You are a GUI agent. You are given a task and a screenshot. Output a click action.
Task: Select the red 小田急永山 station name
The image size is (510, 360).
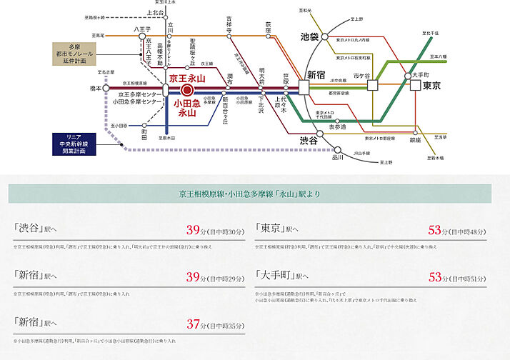coord(186,108)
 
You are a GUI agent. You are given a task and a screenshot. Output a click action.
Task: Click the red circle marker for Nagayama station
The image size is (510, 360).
coord(186,89)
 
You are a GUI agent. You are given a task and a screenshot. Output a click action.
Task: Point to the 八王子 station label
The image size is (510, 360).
coord(139,29)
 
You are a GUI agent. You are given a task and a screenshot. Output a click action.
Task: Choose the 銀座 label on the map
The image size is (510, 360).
coord(415,141)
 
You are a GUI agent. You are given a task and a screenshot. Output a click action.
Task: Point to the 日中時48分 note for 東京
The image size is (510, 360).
coord(469,231)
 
